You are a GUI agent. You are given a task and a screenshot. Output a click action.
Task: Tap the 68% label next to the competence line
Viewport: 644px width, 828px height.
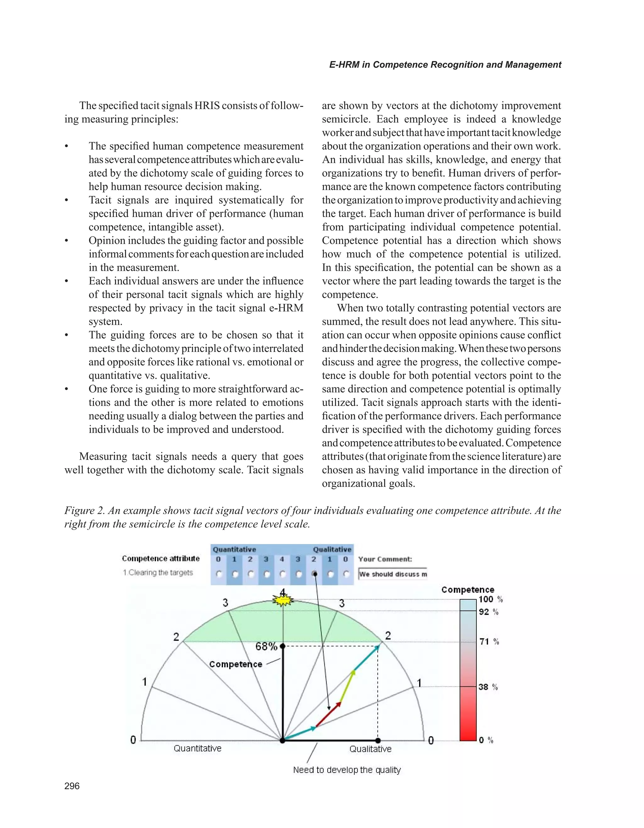click(266, 647)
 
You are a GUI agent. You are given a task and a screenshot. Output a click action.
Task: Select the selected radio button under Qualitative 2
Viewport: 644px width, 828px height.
click(314, 574)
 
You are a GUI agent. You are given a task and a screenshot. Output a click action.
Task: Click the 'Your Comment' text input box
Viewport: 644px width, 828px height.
click(393, 574)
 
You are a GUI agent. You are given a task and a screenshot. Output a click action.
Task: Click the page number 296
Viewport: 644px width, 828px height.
click(72, 786)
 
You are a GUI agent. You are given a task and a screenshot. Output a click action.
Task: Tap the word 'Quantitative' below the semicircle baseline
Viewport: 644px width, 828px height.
click(197, 748)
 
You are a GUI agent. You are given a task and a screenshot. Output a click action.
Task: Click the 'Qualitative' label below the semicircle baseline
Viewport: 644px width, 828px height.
click(370, 749)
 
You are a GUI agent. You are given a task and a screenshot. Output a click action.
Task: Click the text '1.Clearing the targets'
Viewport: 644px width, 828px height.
click(158, 572)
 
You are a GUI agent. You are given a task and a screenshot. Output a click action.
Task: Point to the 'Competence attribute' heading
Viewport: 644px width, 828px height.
click(161, 558)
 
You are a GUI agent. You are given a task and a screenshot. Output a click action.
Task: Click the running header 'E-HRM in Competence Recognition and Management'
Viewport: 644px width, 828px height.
click(445, 65)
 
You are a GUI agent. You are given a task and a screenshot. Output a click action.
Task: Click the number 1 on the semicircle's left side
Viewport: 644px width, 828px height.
click(144, 682)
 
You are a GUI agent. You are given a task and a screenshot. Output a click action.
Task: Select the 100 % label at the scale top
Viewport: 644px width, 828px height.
click(491, 599)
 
